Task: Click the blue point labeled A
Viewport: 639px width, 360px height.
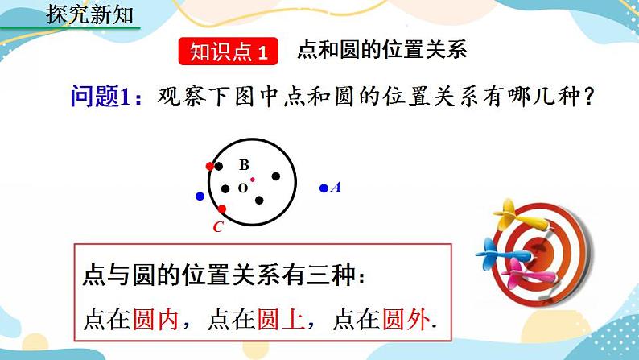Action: [324, 188]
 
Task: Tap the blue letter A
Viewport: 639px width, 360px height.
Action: [336, 188]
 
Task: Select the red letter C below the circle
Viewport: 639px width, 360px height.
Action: [217, 227]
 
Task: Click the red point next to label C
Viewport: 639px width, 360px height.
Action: [222, 209]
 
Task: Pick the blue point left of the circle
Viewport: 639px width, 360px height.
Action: [200, 196]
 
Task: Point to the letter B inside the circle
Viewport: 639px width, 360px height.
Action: [244, 165]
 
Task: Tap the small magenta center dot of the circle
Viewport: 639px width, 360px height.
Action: [252, 180]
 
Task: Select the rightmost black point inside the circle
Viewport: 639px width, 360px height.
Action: [276, 176]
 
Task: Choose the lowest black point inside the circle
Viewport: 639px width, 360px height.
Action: [259, 201]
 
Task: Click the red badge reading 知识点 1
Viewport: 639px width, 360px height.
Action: [227, 52]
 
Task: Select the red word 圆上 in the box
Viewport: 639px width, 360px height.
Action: [289, 320]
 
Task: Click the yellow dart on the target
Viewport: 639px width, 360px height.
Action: [512, 215]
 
